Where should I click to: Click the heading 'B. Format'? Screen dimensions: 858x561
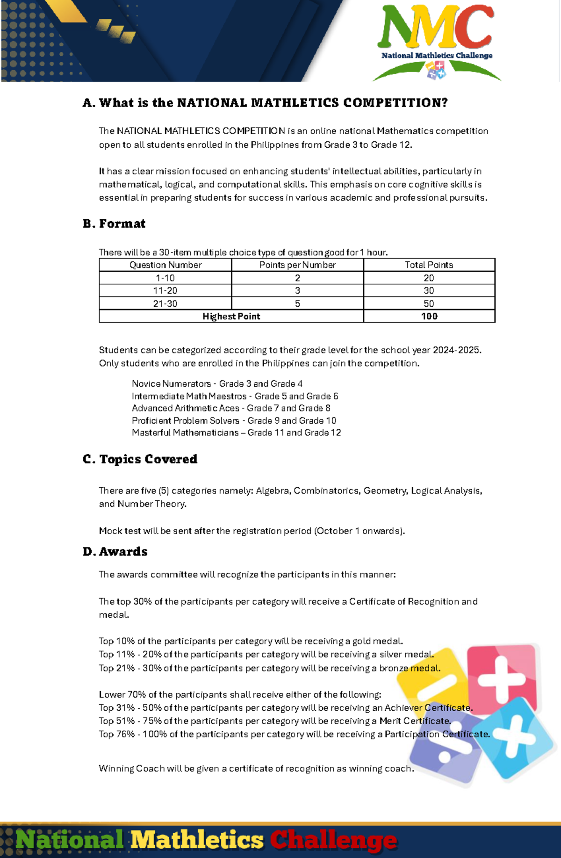tap(114, 224)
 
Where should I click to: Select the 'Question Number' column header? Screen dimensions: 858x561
tap(165, 265)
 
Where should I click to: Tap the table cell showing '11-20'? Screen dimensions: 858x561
tap(165, 291)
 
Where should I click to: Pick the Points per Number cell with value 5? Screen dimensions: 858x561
tap(297, 304)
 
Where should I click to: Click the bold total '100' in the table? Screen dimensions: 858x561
tap(429, 317)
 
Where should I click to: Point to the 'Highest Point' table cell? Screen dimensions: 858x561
tap(231, 317)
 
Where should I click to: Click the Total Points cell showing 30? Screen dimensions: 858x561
tap(429, 291)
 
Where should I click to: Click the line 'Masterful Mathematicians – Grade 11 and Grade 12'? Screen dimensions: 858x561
tap(236, 433)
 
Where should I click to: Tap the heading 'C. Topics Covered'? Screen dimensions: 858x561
tap(140, 459)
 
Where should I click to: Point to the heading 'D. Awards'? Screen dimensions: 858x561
tap(115, 552)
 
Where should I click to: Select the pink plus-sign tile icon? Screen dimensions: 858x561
tap(501, 678)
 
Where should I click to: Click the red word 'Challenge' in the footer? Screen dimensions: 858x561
tap(333, 841)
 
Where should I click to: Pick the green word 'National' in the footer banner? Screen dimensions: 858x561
tap(70, 840)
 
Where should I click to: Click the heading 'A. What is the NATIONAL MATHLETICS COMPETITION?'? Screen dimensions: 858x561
tap(265, 103)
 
